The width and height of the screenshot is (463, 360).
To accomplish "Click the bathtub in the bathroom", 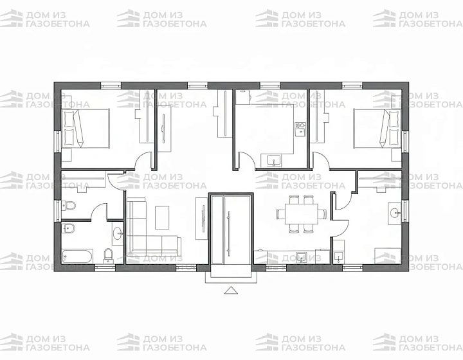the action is tap(77, 256).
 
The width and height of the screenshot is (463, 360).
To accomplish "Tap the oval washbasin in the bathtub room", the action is tap(118, 234).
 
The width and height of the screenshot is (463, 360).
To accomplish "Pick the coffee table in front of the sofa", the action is tap(162, 217).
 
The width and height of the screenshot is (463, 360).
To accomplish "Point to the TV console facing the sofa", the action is tap(202, 219).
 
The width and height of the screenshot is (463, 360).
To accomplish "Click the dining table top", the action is tap(301, 214).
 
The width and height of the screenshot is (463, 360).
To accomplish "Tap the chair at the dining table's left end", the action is tap(281, 214).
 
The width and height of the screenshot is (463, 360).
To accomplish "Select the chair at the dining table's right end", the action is tap(322, 214).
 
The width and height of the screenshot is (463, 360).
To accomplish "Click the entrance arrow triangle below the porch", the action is tap(231, 291).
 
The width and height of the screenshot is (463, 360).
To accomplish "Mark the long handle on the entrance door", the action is tap(228, 233).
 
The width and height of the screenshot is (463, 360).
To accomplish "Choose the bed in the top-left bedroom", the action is tap(86, 128).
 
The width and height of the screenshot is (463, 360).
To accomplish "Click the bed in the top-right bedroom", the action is tap(377, 128).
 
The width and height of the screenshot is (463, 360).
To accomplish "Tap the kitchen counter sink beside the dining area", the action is tap(301, 256).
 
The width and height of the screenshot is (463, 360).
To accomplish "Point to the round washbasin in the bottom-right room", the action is tap(394, 212).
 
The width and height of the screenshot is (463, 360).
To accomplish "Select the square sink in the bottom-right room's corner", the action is tap(338, 257).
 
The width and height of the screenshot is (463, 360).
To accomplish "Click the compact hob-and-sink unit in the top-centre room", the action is tap(300, 129).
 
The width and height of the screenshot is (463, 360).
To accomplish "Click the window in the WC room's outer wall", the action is tap(58, 210).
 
